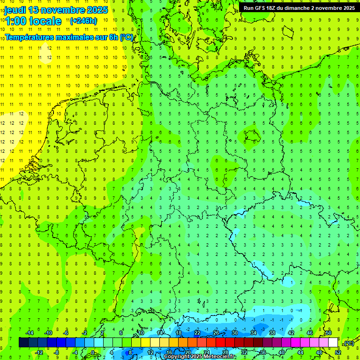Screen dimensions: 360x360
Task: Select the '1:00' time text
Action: [15, 21]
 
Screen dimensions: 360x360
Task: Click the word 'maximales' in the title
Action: [77, 37]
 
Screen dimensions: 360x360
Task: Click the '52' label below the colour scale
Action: [338, 352]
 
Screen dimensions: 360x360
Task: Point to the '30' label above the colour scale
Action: [235, 333]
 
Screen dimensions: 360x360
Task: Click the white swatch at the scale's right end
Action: [333, 343]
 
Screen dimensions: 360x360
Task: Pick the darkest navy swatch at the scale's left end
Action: [23, 343]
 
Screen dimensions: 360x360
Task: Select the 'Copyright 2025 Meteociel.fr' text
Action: [200, 357]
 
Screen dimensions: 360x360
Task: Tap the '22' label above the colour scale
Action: [197, 333]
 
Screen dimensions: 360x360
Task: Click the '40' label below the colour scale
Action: [282, 352]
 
